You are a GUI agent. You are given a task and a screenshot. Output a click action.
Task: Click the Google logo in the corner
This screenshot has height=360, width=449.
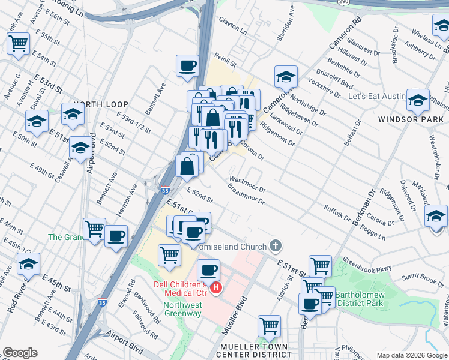(x=20, y=353)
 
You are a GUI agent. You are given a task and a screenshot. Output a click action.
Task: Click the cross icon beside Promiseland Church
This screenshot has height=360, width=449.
(x=275, y=245)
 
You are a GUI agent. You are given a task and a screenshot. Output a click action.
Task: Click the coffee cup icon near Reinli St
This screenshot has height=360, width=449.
(x=187, y=65)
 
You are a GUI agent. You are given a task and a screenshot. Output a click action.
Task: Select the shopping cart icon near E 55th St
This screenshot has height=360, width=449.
(x=18, y=43)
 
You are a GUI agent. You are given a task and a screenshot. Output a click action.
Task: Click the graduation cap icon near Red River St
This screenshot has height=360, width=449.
(x=28, y=264)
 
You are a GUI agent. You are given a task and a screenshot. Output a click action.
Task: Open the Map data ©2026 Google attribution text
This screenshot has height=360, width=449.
(x=411, y=355)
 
